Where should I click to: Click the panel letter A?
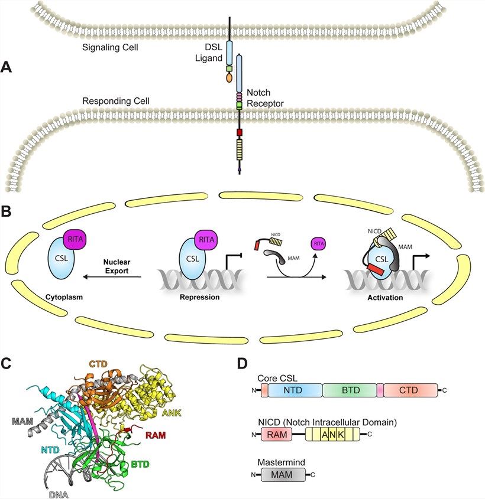click(x=7, y=67)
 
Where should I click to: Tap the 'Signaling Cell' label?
click(x=110, y=47)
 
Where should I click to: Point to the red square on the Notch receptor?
click(x=239, y=133)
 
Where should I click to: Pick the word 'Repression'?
click(x=200, y=298)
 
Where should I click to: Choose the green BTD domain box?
click(x=350, y=390)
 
